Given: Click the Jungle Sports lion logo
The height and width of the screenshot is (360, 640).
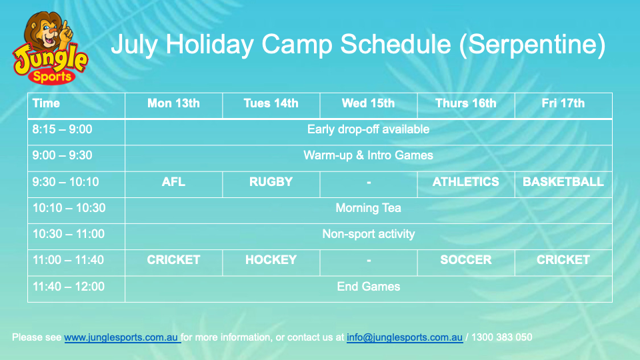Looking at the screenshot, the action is (x=50, y=48).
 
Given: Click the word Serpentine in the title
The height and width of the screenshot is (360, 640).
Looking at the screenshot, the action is (x=532, y=44).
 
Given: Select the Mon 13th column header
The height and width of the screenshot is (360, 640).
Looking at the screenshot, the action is (x=173, y=103).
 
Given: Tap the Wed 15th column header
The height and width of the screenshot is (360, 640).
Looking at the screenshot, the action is (x=368, y=103).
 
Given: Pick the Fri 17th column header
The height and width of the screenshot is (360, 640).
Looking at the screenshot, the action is (x=563, y=103).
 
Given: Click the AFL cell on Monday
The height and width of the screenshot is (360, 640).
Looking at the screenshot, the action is (x=173, y=181).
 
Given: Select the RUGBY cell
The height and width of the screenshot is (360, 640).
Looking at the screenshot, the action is (x=271, y=181).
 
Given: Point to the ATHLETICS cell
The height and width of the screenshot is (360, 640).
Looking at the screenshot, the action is (x=466, y=181).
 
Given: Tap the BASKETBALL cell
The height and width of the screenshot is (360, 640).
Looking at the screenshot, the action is (x=563, y=181).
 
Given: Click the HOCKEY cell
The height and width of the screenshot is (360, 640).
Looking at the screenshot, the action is (x=271, y=260).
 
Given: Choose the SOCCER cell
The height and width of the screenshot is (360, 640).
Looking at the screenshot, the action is (x=466, y=260).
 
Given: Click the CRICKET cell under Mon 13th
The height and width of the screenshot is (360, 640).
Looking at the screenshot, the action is (x=173, y=260).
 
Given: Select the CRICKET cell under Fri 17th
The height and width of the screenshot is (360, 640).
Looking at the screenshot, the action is (x=563, y=260).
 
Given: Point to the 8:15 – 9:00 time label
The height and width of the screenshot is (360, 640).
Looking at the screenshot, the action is (x=62, y=129).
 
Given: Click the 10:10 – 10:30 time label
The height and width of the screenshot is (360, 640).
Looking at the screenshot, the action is (x=69, y=208).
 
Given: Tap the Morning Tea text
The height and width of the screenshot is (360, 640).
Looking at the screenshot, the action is (x=368, y=208).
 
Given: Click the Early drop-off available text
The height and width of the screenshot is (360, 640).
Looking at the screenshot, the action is (x=368, y=129).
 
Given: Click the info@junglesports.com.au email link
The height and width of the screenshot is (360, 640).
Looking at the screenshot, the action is (x=405, y=337).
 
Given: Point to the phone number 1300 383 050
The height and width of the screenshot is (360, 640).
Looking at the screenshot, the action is (x=501, y=337).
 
